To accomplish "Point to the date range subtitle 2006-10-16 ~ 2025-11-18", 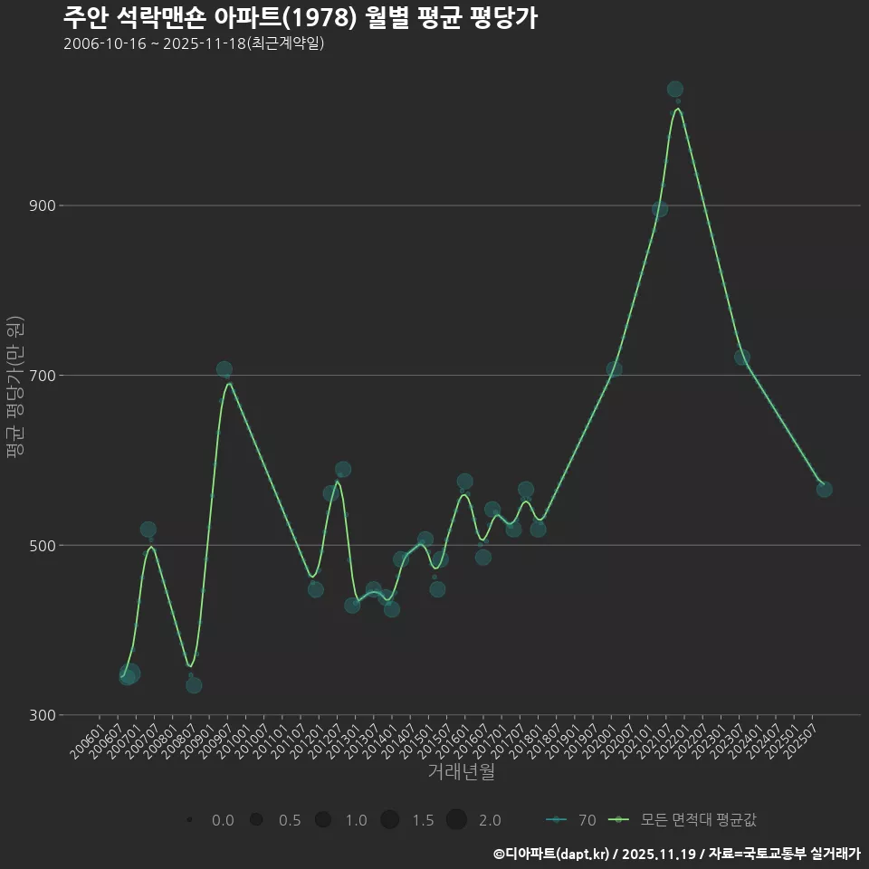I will coord(194,43).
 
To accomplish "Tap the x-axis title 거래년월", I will coord(461,772).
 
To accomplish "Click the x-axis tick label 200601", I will coord(87,737).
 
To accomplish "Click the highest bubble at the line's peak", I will coord(674,90).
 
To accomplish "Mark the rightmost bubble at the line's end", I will coord(824,490).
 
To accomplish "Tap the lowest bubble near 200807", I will coord(194,685).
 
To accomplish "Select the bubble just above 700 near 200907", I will coord(224,369).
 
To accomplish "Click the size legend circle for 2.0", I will coord(456,820).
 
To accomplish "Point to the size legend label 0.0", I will coord(223,820).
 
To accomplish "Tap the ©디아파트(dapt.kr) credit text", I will coord(554,854).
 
